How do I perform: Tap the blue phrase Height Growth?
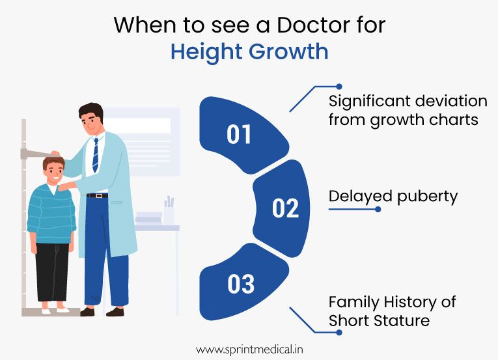tap(249, 52)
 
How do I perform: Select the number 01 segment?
tap(239, 133)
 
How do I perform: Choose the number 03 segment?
tap(240, 284)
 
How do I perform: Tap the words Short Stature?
tap(380, 320)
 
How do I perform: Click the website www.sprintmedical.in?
tap(249, 349)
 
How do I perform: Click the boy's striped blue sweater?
tap(52, 215)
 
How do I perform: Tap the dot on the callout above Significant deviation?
tap(339, 86)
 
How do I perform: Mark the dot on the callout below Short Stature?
tap(339, 332)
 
